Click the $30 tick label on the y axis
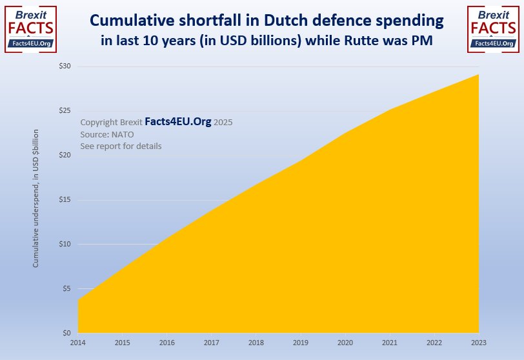coord(66,66)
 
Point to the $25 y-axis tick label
coord(66,111)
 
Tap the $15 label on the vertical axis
coord(66,200)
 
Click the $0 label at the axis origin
coord(68,333)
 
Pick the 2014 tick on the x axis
coord(78,343)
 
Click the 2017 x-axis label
coord(212,343)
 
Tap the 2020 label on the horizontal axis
coord(345,343)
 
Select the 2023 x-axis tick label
coord(479,343)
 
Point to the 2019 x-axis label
coord(301,343)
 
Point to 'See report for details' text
coord(121,146)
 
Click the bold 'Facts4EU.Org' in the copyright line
coord(178,121)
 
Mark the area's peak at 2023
coord(478,75)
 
